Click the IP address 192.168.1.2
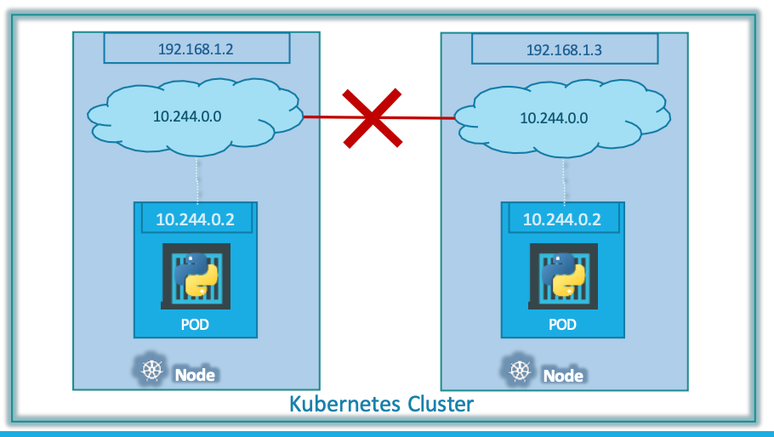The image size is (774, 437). pyautogui.click(x=196, y=48)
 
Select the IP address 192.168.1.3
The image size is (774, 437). pyautogui.click(x=564, y=49)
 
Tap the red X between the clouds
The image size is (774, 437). pyautogui.click(x=372, y=117)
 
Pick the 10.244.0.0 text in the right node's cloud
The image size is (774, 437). pyautogui.click(x=554, y=116)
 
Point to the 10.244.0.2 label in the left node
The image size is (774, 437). pyautogui.click(x=195, y=218)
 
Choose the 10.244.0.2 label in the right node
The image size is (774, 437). pyautogui.click(x=561, y=218)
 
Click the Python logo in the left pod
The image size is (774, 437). pyautogui.click(x=195, y=273)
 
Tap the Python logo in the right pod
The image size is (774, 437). pyautogui.click(x=561, y=273)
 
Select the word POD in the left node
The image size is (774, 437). pyautogui.click(x=195, y=325)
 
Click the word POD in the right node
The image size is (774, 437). pyautogui.click(x=561, y=325)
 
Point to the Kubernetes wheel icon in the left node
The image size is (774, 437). pyautogui.click(x=151, y=371)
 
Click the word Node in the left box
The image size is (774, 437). pyautogui.click(x=195, y=374)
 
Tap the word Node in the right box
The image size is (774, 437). pyautogui.click(x=563, y=375)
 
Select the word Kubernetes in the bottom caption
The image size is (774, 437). pyautogui.click(x=345, y=402)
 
